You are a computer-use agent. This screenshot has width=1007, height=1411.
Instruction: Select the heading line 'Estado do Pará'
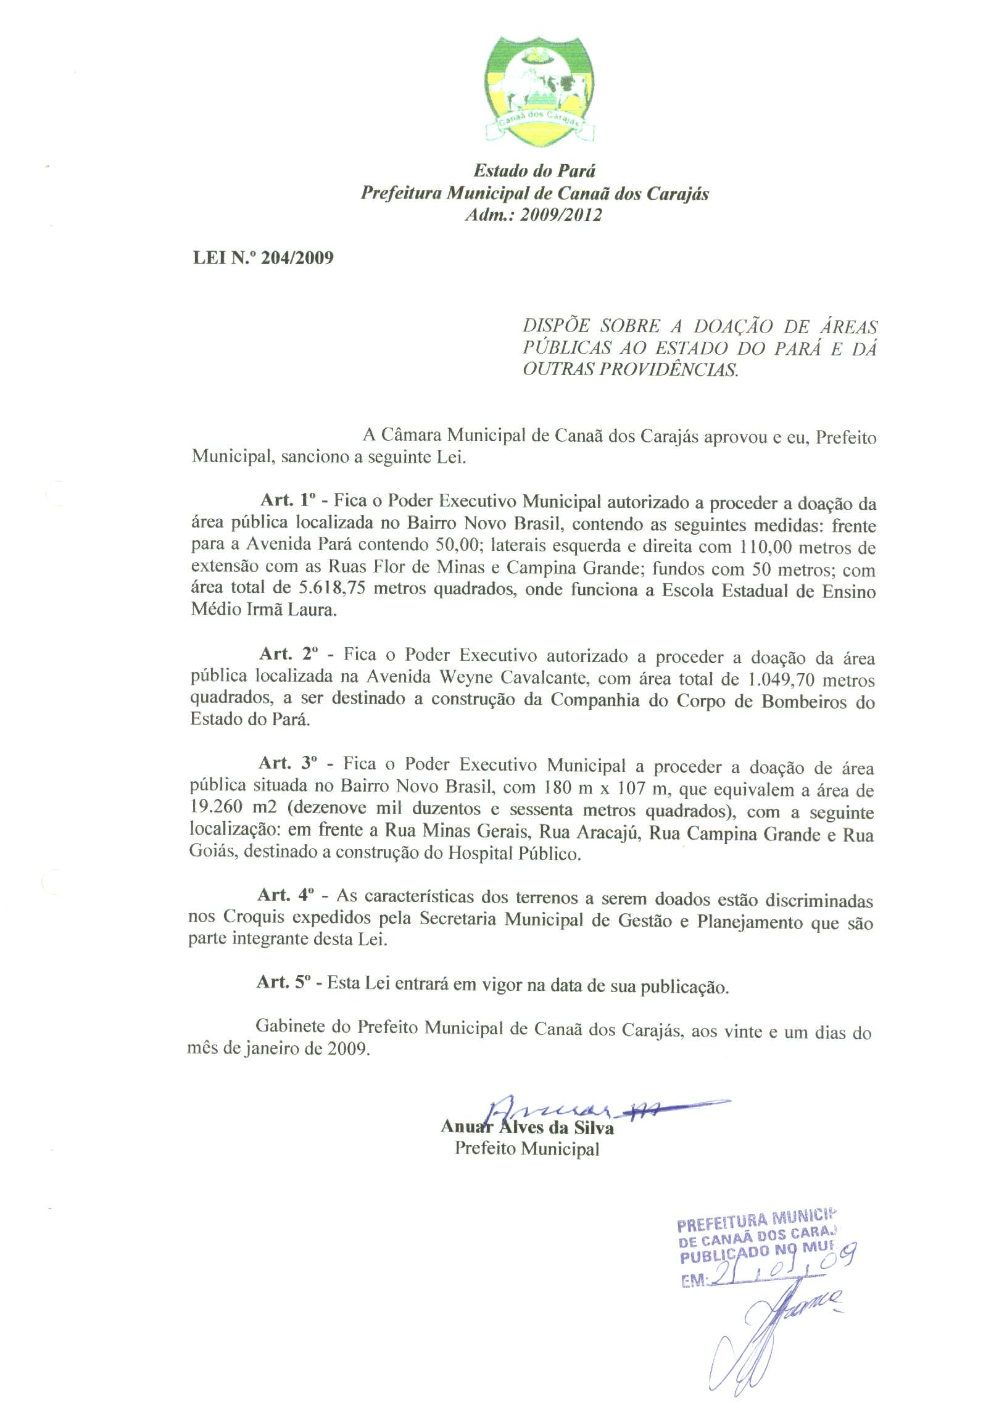[x=534, y=170]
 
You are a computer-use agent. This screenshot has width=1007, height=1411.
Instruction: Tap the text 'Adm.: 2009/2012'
[x=534, y=215]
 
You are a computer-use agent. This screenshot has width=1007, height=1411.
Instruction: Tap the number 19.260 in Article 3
[x=217, y=808]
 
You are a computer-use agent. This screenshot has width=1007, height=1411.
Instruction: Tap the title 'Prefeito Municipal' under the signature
[x=527, y=1148]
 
